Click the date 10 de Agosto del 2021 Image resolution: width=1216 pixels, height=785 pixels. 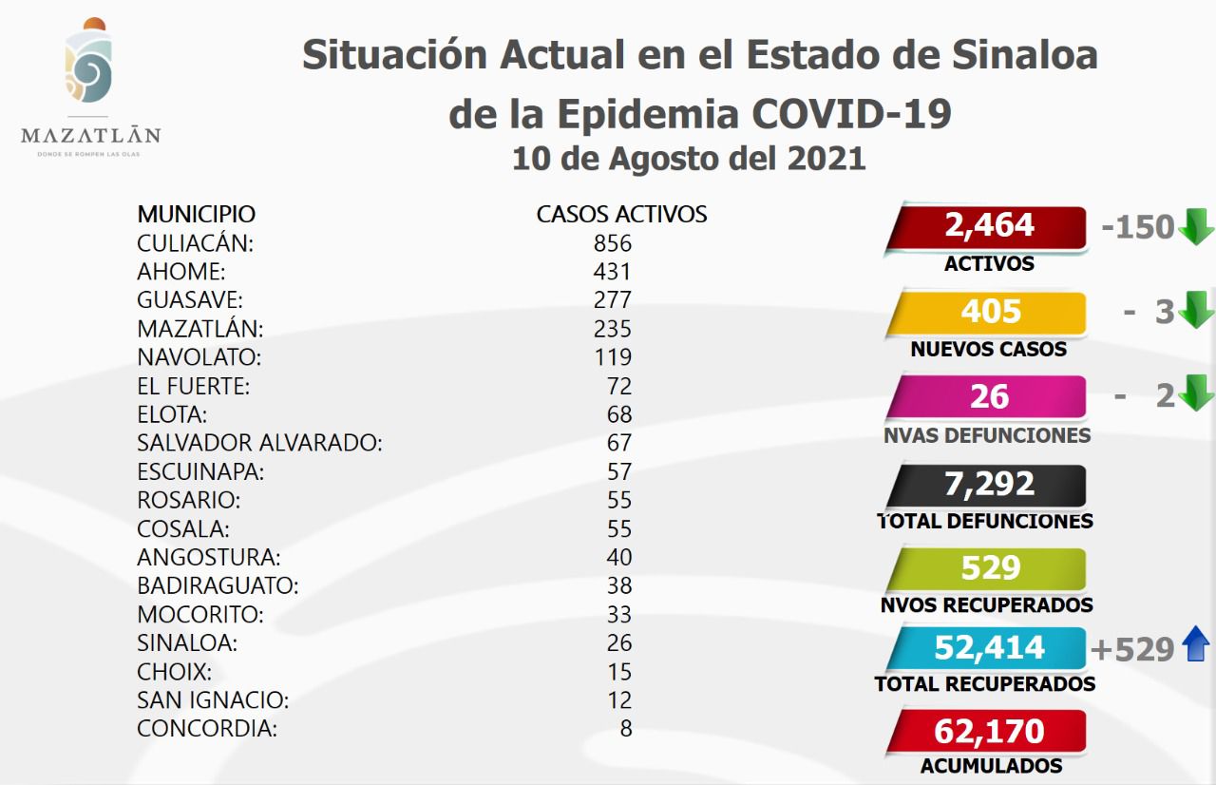coord(689,158)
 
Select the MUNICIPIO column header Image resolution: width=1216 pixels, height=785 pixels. coord(196,214)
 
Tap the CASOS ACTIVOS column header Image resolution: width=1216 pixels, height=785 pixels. coord(621,214)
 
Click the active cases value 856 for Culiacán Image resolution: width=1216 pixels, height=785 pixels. coord(612,243)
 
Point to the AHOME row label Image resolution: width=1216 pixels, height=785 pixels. coord(180,272)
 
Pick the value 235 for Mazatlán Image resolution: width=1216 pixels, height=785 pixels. coord(612,329)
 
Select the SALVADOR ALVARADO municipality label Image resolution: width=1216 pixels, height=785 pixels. coord(259,443)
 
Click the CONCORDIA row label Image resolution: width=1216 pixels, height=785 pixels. coord(207,729)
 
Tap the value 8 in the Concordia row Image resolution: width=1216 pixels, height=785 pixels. coord(625,729)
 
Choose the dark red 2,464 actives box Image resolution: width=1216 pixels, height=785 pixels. coord(988,227)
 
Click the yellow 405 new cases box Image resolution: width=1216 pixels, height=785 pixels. coord(988,313)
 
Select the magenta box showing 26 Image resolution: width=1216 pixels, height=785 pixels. coord(988,397)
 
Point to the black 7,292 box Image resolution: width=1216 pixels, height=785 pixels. coord(988,485)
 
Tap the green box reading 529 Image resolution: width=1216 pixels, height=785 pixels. coord(988,568)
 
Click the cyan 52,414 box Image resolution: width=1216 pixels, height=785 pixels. coord(988,648)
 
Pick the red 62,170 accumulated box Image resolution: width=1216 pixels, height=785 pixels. coord(988,731)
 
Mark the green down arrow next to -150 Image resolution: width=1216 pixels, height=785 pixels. coord(1196,227)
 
